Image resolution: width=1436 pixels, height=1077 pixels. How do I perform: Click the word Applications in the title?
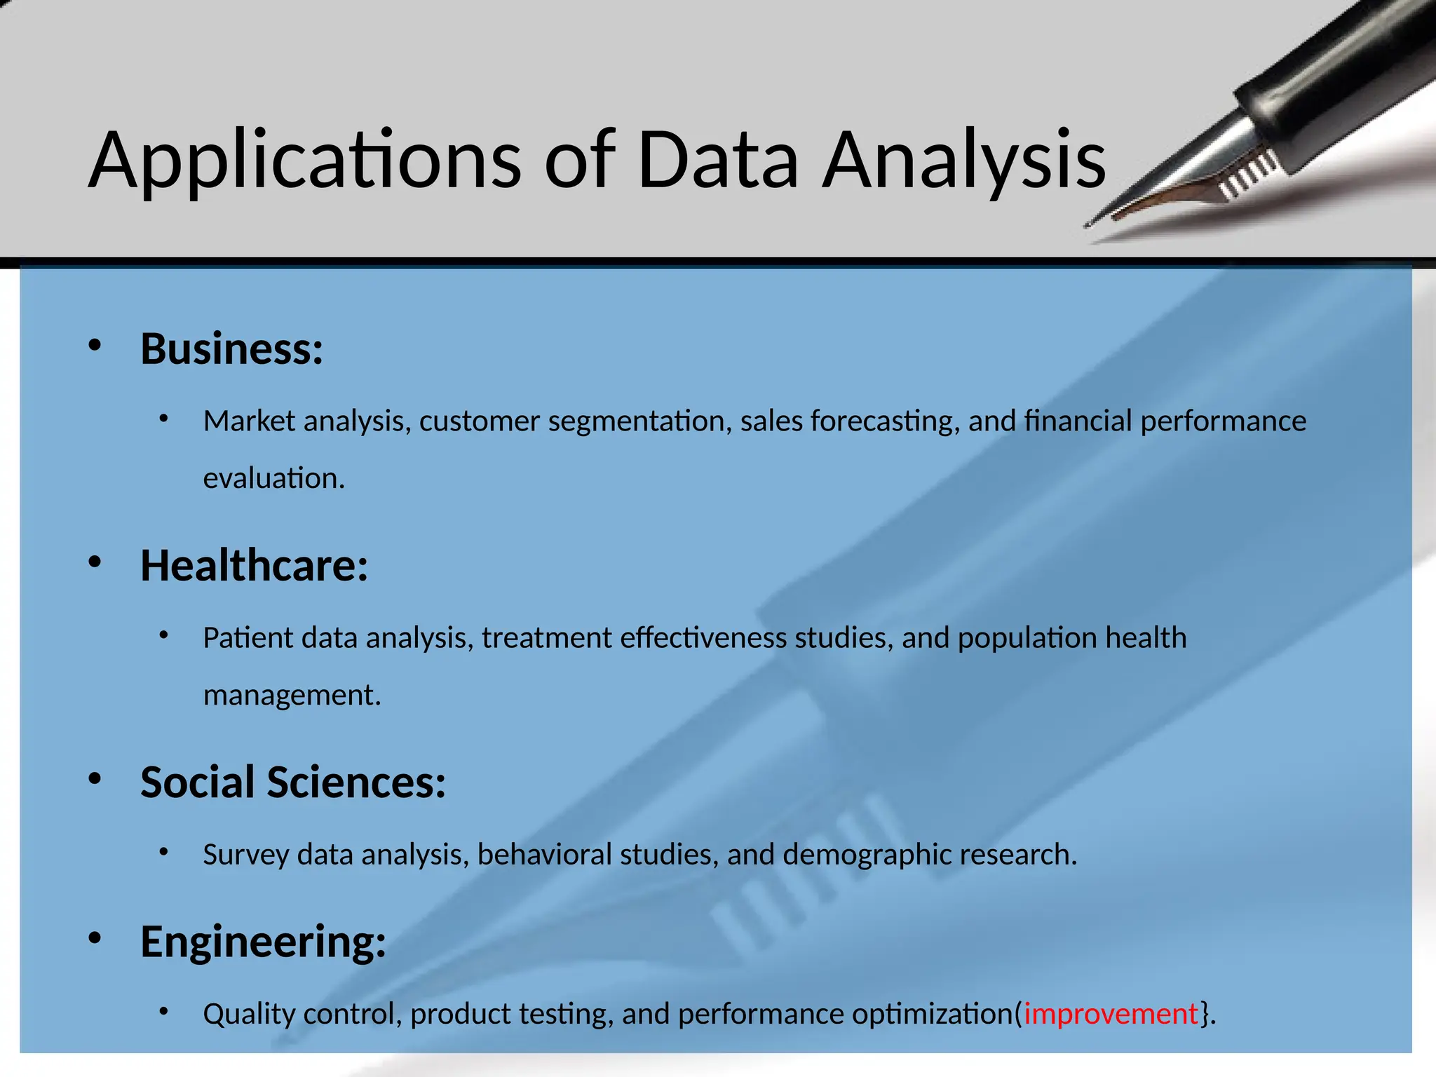(x=305, y=161)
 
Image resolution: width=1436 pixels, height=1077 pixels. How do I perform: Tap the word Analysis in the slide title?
(x=964, y=161)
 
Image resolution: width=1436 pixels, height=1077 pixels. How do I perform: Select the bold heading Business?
(x=231, y=348)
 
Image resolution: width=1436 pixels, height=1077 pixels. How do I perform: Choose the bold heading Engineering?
(x=263, y=941)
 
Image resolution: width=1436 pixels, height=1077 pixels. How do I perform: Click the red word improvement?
(x=1111, y=1014)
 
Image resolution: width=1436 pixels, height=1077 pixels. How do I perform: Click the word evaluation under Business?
(x=273, y=479)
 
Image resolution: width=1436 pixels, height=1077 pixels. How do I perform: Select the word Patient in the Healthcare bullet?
(x=248, y=638)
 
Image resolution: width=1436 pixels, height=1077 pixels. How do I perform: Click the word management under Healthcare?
(x=292, y=696)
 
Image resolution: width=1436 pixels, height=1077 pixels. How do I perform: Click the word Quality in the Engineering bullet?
(x=248, y=1014)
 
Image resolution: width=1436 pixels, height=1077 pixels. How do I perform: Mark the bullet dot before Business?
(x=95, y=345)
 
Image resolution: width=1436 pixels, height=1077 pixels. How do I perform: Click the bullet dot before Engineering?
(x=95, y=937)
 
